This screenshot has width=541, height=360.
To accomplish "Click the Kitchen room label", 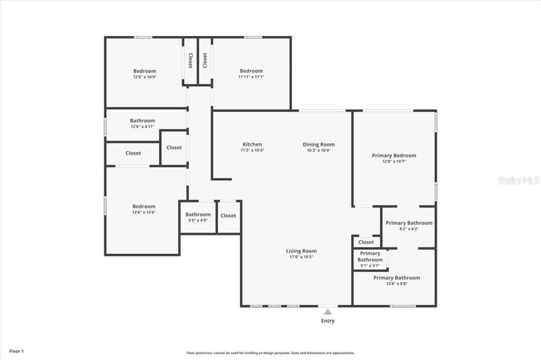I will click(x=252, y=145).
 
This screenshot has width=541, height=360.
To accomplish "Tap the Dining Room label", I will click(x=319, y=145).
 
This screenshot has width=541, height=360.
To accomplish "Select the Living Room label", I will click(x=301, y=251).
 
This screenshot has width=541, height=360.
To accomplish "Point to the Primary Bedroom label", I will click(x=394, y=156).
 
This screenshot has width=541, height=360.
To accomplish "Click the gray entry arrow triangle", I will click(x=328, y=312).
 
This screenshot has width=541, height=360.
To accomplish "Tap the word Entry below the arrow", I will click(x=328, y=321).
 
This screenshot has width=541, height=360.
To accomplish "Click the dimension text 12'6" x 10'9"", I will click(x=145, y=77).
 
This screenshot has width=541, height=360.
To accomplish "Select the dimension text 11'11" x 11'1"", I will click(x=251, y=77).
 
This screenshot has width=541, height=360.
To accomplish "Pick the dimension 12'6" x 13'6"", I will click(x=144, y=212).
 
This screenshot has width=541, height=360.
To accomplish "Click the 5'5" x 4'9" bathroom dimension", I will click(x=198, y=220).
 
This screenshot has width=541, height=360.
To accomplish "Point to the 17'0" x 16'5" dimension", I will click(x=301, y=257).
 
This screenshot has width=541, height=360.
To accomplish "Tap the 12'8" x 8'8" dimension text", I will click(x=396, y=283).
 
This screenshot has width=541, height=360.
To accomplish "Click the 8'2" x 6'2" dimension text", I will click(x=409, y=229).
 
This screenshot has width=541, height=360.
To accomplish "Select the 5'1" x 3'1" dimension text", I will click(x=370, y=266).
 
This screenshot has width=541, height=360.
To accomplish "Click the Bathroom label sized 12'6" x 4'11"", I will click(x=143, y=121).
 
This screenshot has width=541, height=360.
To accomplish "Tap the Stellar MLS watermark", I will click(x=518, y=180).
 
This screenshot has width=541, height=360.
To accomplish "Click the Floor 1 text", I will click(x=16, y=351).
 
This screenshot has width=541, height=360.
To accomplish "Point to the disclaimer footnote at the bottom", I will click(x=270, y=353).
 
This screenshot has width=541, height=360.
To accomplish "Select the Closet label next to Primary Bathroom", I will click(x=366, y=242).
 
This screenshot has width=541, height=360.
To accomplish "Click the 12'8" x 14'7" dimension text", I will click(x=394, y=162).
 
